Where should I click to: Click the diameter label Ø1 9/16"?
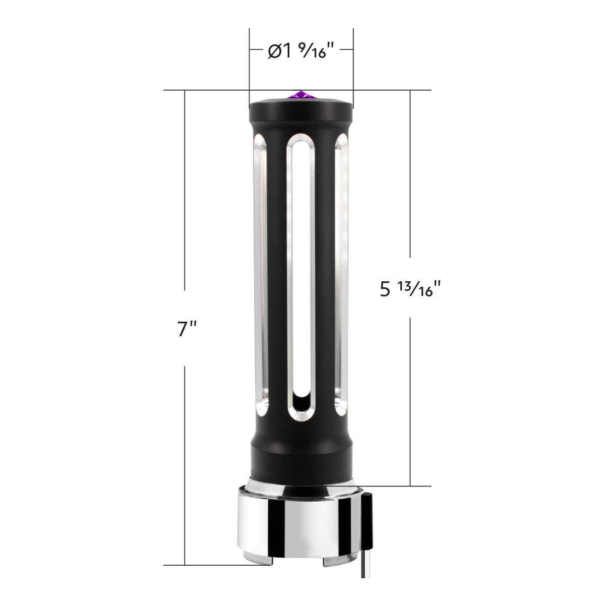coord(301,51)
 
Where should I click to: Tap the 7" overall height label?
coord(186,328)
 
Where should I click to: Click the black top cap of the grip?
coord(301,108)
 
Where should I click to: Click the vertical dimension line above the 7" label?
coord(186,192)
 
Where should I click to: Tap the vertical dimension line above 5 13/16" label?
coord(410,176)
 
